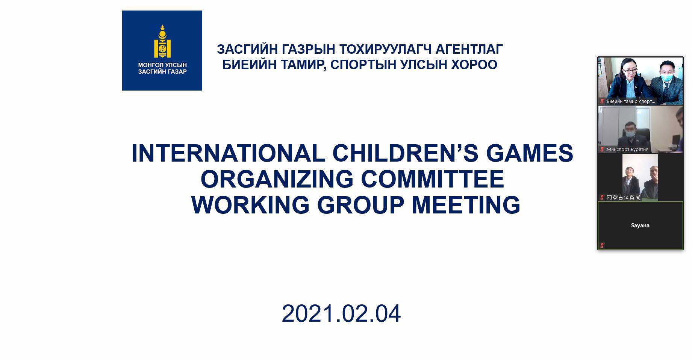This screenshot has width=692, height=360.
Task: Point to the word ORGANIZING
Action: tap(277, 179)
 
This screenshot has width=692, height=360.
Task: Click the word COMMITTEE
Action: tap(433, 179)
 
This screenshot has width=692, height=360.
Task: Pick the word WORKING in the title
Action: tap(250, 205)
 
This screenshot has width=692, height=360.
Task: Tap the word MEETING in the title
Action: tap(466, 205)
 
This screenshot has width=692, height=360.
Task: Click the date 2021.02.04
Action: tap(341, 314)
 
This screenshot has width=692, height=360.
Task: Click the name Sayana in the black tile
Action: tap(640, 225)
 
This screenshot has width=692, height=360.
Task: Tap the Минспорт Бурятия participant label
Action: tap(627, 150)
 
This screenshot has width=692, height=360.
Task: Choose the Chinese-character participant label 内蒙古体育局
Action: tap(624, 197)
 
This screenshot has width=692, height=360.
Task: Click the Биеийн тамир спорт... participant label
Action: tap(631, 101)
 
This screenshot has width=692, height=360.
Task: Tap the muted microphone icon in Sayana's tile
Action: tap(602, 245)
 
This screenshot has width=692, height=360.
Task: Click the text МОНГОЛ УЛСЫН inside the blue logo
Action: tap(162, 65)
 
